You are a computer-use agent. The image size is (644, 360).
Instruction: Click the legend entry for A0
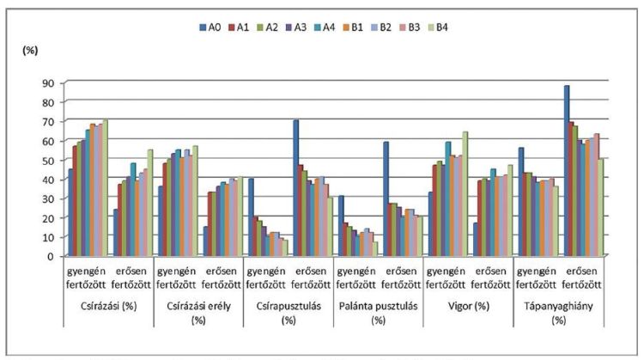click(212, 27)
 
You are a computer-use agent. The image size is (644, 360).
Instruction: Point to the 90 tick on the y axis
click(48, 82)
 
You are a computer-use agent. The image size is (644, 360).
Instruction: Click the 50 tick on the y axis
click(48, 160)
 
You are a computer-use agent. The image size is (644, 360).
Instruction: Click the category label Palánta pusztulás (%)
click(378, 313)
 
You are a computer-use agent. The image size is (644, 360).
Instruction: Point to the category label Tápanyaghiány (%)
click(557, 313)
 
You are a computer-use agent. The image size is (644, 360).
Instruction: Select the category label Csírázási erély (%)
click(197, 313)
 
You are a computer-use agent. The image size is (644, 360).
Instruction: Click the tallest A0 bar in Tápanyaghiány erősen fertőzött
click(566, 171)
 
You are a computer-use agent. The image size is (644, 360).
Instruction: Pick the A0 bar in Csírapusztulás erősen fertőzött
click(295, 188)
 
